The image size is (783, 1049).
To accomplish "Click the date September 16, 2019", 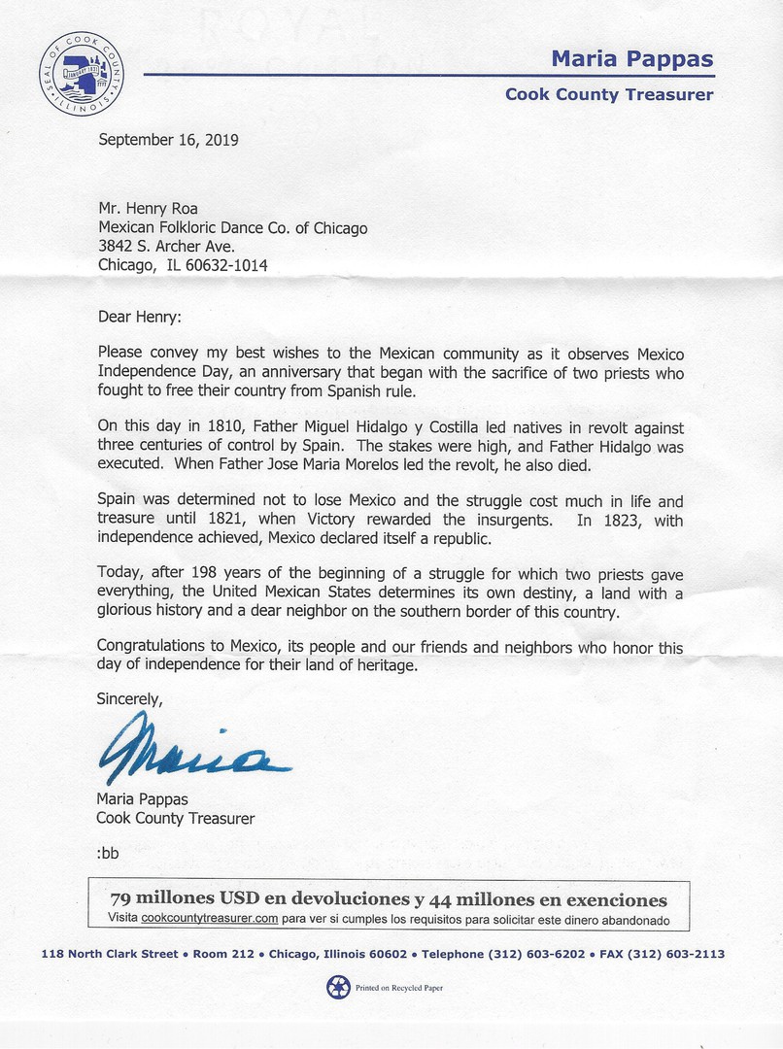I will click(x=168, y=139).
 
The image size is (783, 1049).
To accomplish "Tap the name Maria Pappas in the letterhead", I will click(x=631, y=58).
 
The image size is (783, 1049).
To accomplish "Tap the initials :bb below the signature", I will click(x=108, y=853).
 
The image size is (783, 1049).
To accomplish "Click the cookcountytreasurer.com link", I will click(x=210, y=918).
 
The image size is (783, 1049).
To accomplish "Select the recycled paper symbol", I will click(x=337, y=987).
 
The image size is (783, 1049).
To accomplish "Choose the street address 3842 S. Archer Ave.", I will click(x=166, y=247).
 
